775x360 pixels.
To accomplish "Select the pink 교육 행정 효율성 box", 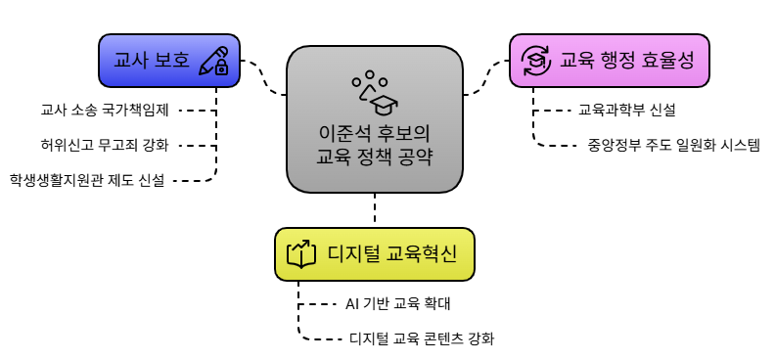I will click(608, 61).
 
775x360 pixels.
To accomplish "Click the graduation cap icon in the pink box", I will click(535, 61).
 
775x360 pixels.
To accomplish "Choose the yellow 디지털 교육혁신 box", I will click(374, 254).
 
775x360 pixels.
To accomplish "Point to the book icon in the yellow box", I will click(300, 254).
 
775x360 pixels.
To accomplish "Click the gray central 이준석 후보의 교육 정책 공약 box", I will click(375, 117).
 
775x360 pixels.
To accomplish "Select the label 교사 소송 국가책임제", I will click(106, 110).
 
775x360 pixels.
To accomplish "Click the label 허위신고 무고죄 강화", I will click(106, 145).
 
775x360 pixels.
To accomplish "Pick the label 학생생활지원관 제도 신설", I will click(87, 180).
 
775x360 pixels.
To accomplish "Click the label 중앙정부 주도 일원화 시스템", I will click(673, 145).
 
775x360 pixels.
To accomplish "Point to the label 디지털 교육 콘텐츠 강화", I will click(422, 339).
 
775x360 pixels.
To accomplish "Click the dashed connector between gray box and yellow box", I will click(375, 209).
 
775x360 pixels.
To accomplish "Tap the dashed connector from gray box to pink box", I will click(485, 81).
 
